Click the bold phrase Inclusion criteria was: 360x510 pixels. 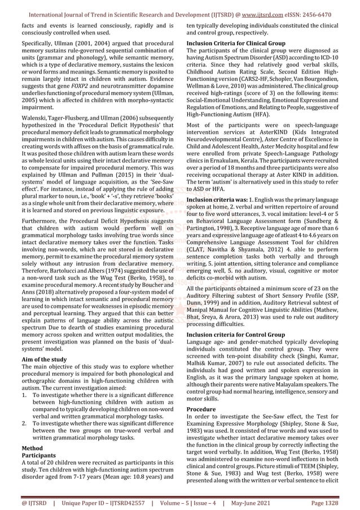coord(213,200)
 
